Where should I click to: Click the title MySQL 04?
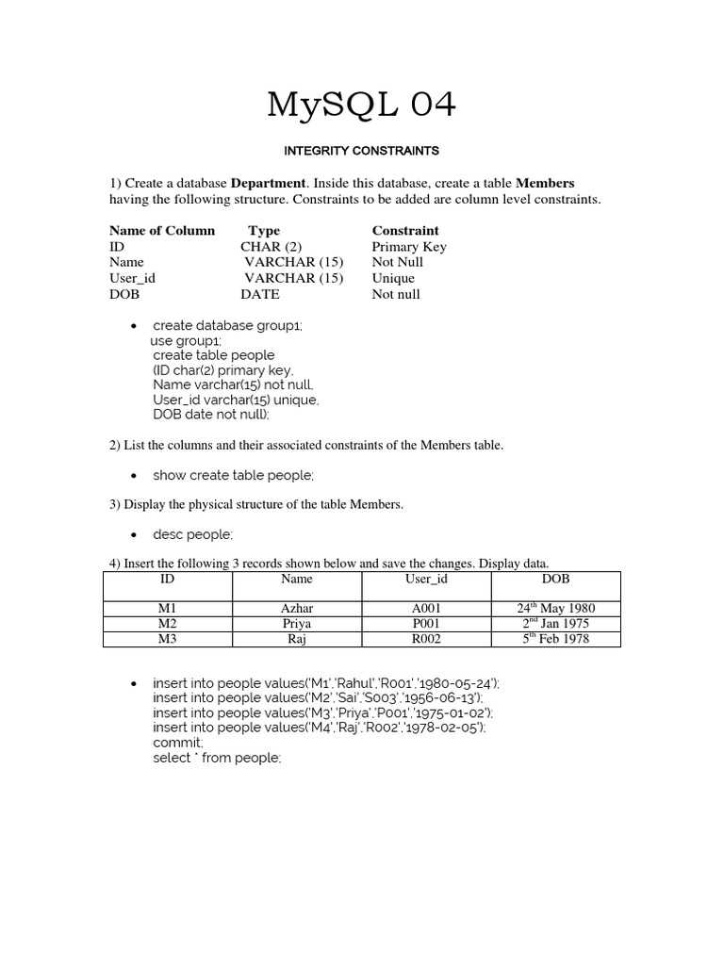pos(362,106)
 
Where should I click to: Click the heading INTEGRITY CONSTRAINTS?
pos(362,150)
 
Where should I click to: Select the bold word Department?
pos(269,183)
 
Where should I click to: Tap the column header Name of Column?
pos(162,230)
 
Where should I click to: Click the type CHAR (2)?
pos(271,247)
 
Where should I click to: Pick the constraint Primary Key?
pos(409,247)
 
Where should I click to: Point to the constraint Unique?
pos(393,278)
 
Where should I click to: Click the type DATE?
pos(260,294)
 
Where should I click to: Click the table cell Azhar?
pos(297,608)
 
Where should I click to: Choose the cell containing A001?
pos(426,608)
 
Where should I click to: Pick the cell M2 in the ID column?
pos(168,623)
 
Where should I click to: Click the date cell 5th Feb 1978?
pos(556,639)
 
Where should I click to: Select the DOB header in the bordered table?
pos(556,579)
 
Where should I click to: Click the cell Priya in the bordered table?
pos(297,623)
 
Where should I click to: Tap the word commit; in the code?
pos(177,743)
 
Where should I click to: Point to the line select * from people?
pos(217,758)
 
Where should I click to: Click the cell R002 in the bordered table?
pos(426,639)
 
